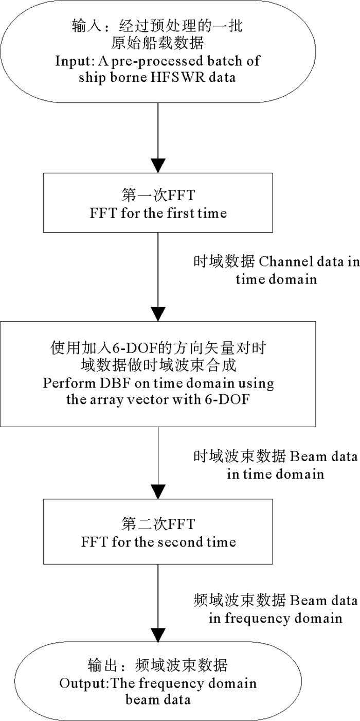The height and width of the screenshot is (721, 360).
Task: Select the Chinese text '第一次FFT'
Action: [158, 197]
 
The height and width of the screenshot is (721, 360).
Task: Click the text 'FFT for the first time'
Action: [158, 213]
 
